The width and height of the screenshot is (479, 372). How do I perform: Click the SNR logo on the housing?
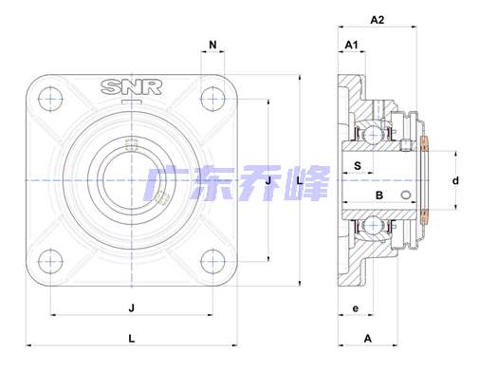(x=132, y=87)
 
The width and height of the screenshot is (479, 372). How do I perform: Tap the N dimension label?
(x=212, y=45)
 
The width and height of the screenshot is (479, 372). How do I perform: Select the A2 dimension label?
(x=377, y=20)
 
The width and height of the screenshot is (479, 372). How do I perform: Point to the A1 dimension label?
(x=351, y=45)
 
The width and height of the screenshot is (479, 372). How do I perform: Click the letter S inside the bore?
(x=358, y=165)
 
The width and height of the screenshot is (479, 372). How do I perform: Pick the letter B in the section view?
(x=379, y=195)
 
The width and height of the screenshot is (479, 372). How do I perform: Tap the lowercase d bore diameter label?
(x=455, y=180)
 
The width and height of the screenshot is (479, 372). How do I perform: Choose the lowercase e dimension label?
(x=356, y=308)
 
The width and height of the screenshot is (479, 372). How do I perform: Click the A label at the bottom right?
(x=368, y=339)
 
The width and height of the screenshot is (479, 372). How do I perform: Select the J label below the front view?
(x=132, y=307)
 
